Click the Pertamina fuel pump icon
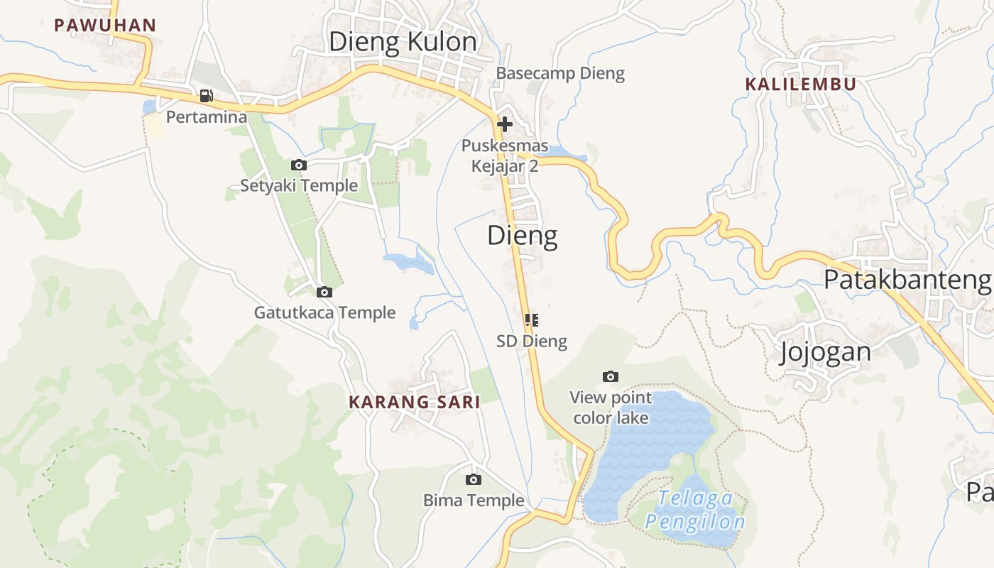point(206,96)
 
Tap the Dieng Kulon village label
point(403,42)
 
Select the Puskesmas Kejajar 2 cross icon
point(505,124)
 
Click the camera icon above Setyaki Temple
point(299,165)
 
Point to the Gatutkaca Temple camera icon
point(324,292)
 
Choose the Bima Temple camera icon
point(474,480)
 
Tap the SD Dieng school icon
point(532,320)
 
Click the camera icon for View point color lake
point(611,376)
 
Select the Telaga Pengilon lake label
point(696,510)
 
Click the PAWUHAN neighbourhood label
point(105,26)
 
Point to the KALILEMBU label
point(800,84)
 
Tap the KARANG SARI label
point(415,402)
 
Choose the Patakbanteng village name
point(907,280)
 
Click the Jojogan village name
point(825,352)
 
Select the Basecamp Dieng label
point(560,73)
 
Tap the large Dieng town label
point(523,236)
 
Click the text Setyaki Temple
point(299,186)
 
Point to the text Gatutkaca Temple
point(324,312)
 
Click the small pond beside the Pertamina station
point(149,106)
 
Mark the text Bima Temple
point(474,501)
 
